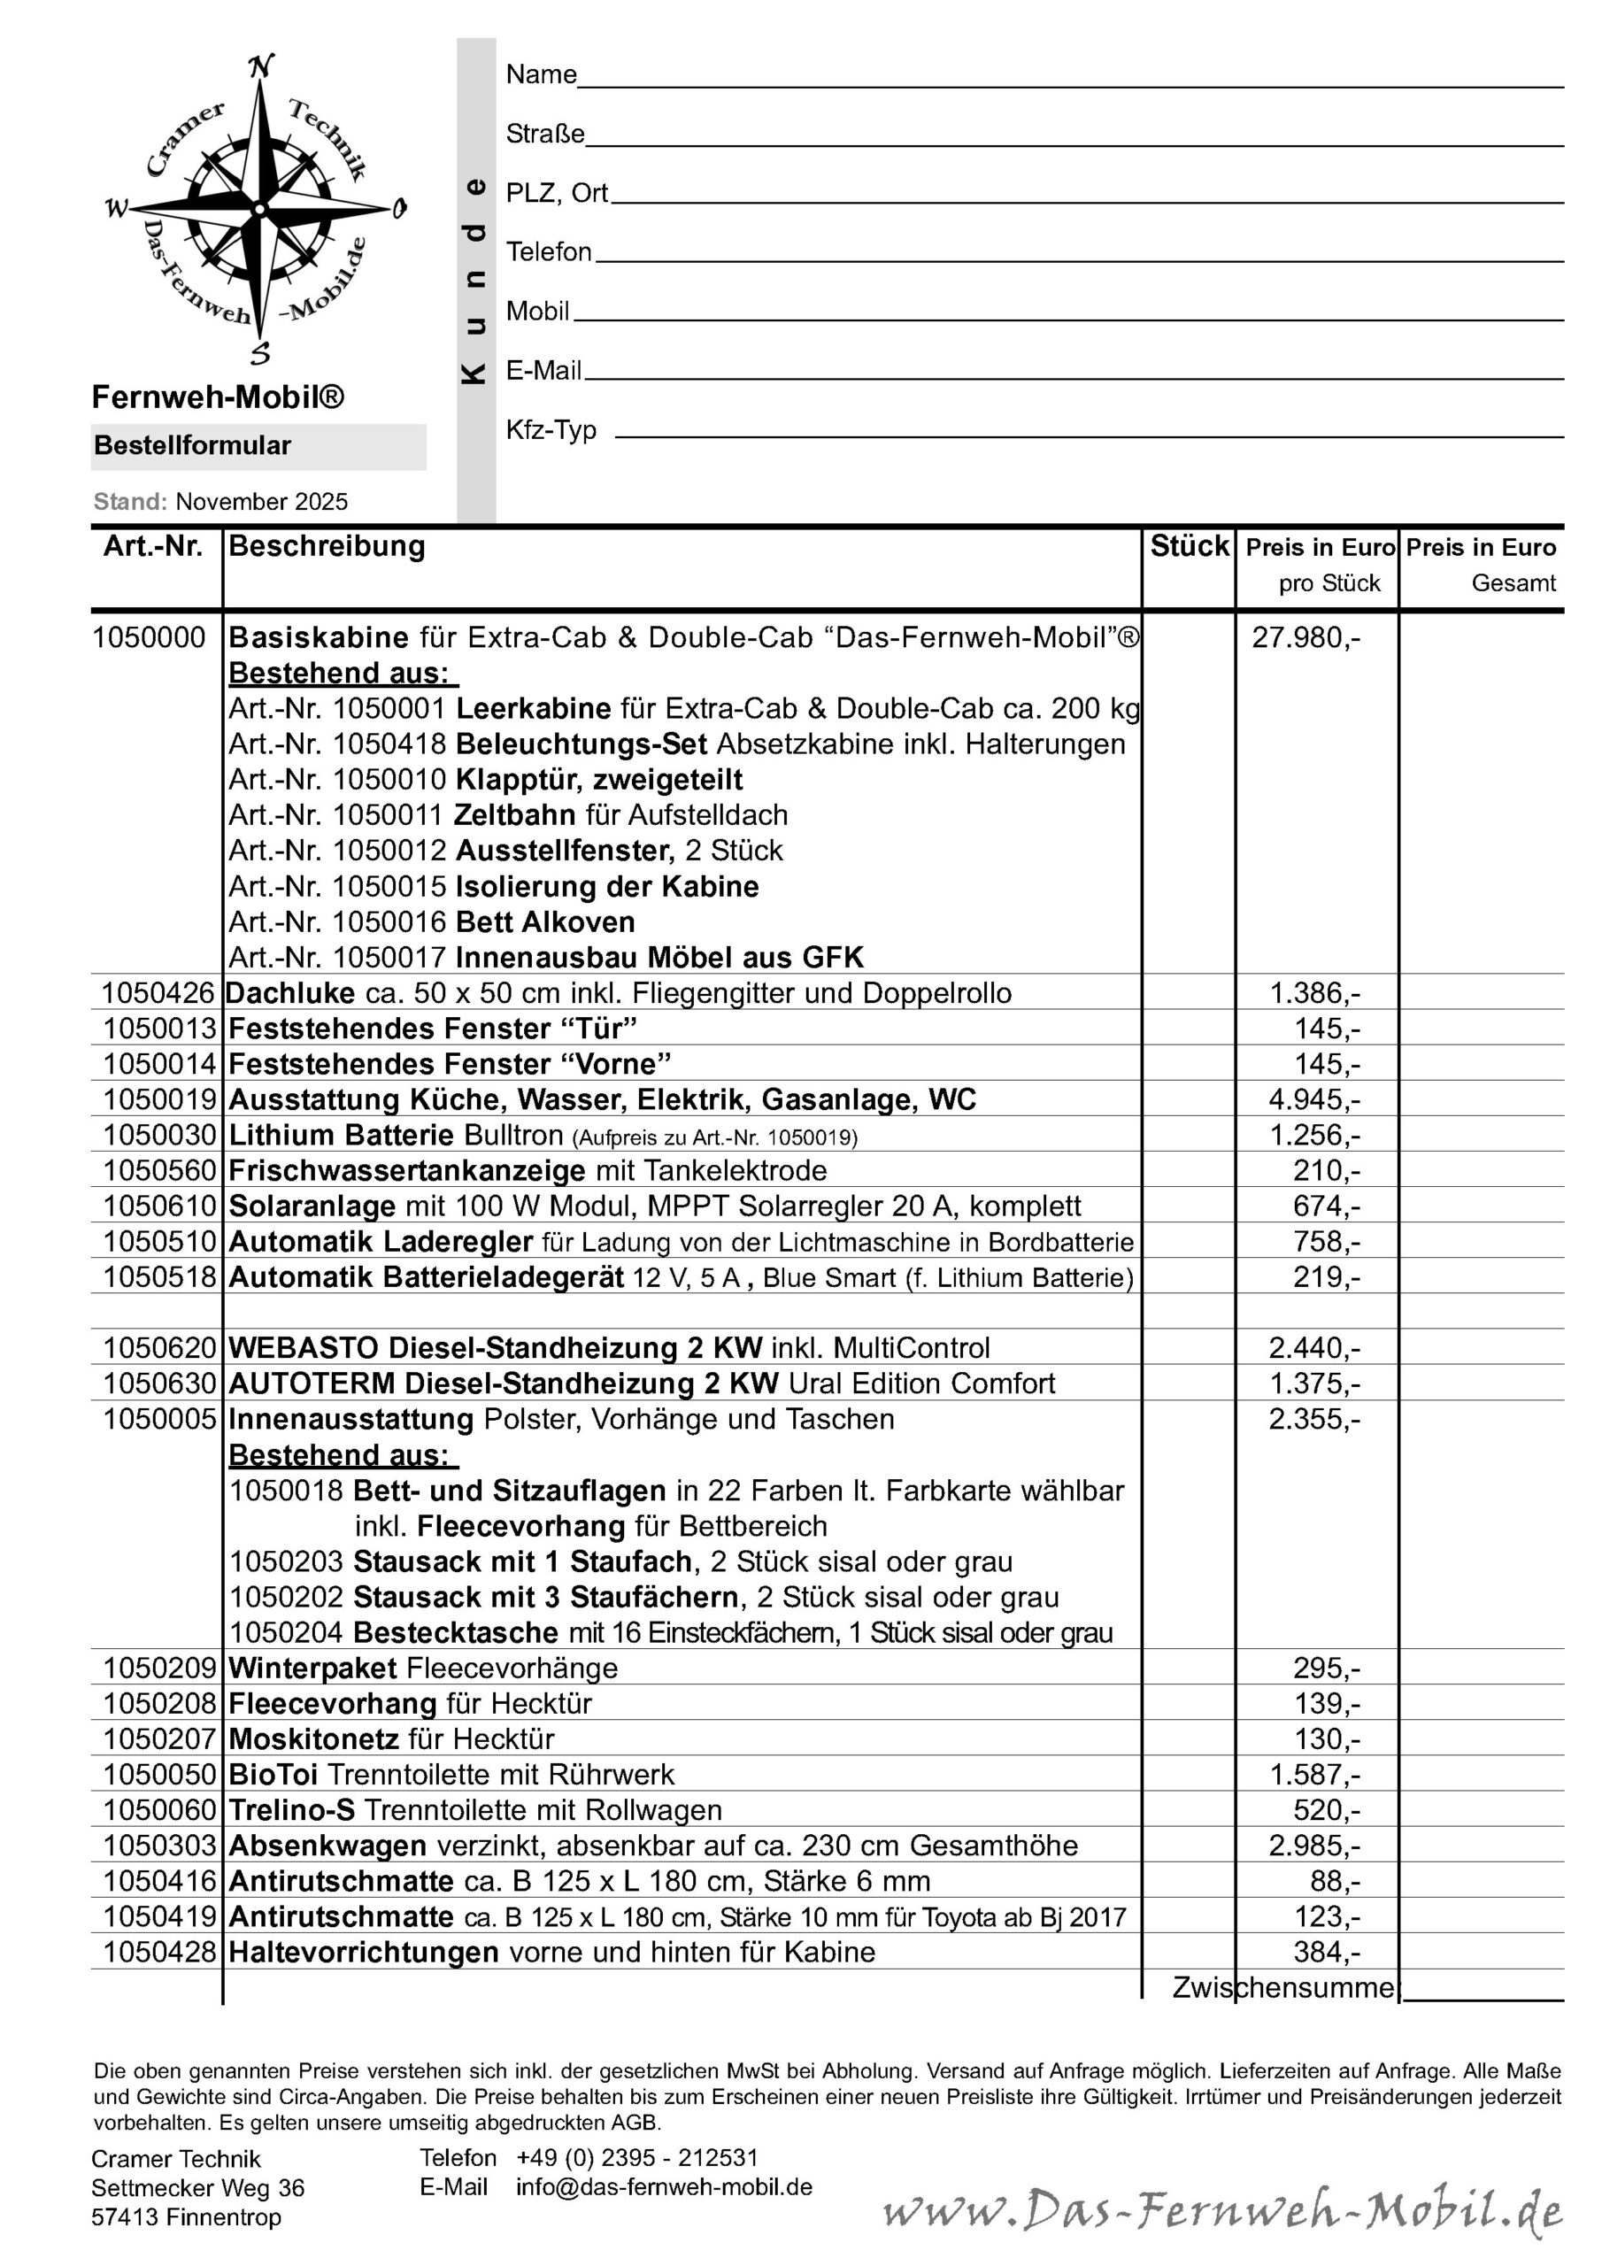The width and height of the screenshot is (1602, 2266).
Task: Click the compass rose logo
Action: (x=258, y=210)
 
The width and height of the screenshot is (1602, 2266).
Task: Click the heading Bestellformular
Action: (x=192, y=446)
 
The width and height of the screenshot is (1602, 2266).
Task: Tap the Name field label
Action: (x=541, y=75)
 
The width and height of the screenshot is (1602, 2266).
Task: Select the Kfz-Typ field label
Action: (x=551, y=430)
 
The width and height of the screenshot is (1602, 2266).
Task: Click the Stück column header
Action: (x=1190, y=547)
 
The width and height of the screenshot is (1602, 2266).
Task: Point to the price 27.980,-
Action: (x=1305, y=638)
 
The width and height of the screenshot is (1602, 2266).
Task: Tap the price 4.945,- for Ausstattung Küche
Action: (x=1313, y=1100)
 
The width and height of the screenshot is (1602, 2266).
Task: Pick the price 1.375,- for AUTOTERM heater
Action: (x=1313, y=1384)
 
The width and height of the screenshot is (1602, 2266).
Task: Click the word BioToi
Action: (x=273, y=1776)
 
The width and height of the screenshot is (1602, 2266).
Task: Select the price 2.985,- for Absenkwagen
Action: (x=1313, y=1846)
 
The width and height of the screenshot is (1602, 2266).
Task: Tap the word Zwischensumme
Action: (x=1283, y=1989)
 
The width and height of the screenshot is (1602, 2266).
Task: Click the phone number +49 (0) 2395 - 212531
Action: (x=636, y=2157)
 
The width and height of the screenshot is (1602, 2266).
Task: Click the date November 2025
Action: (x=262, y=503)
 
